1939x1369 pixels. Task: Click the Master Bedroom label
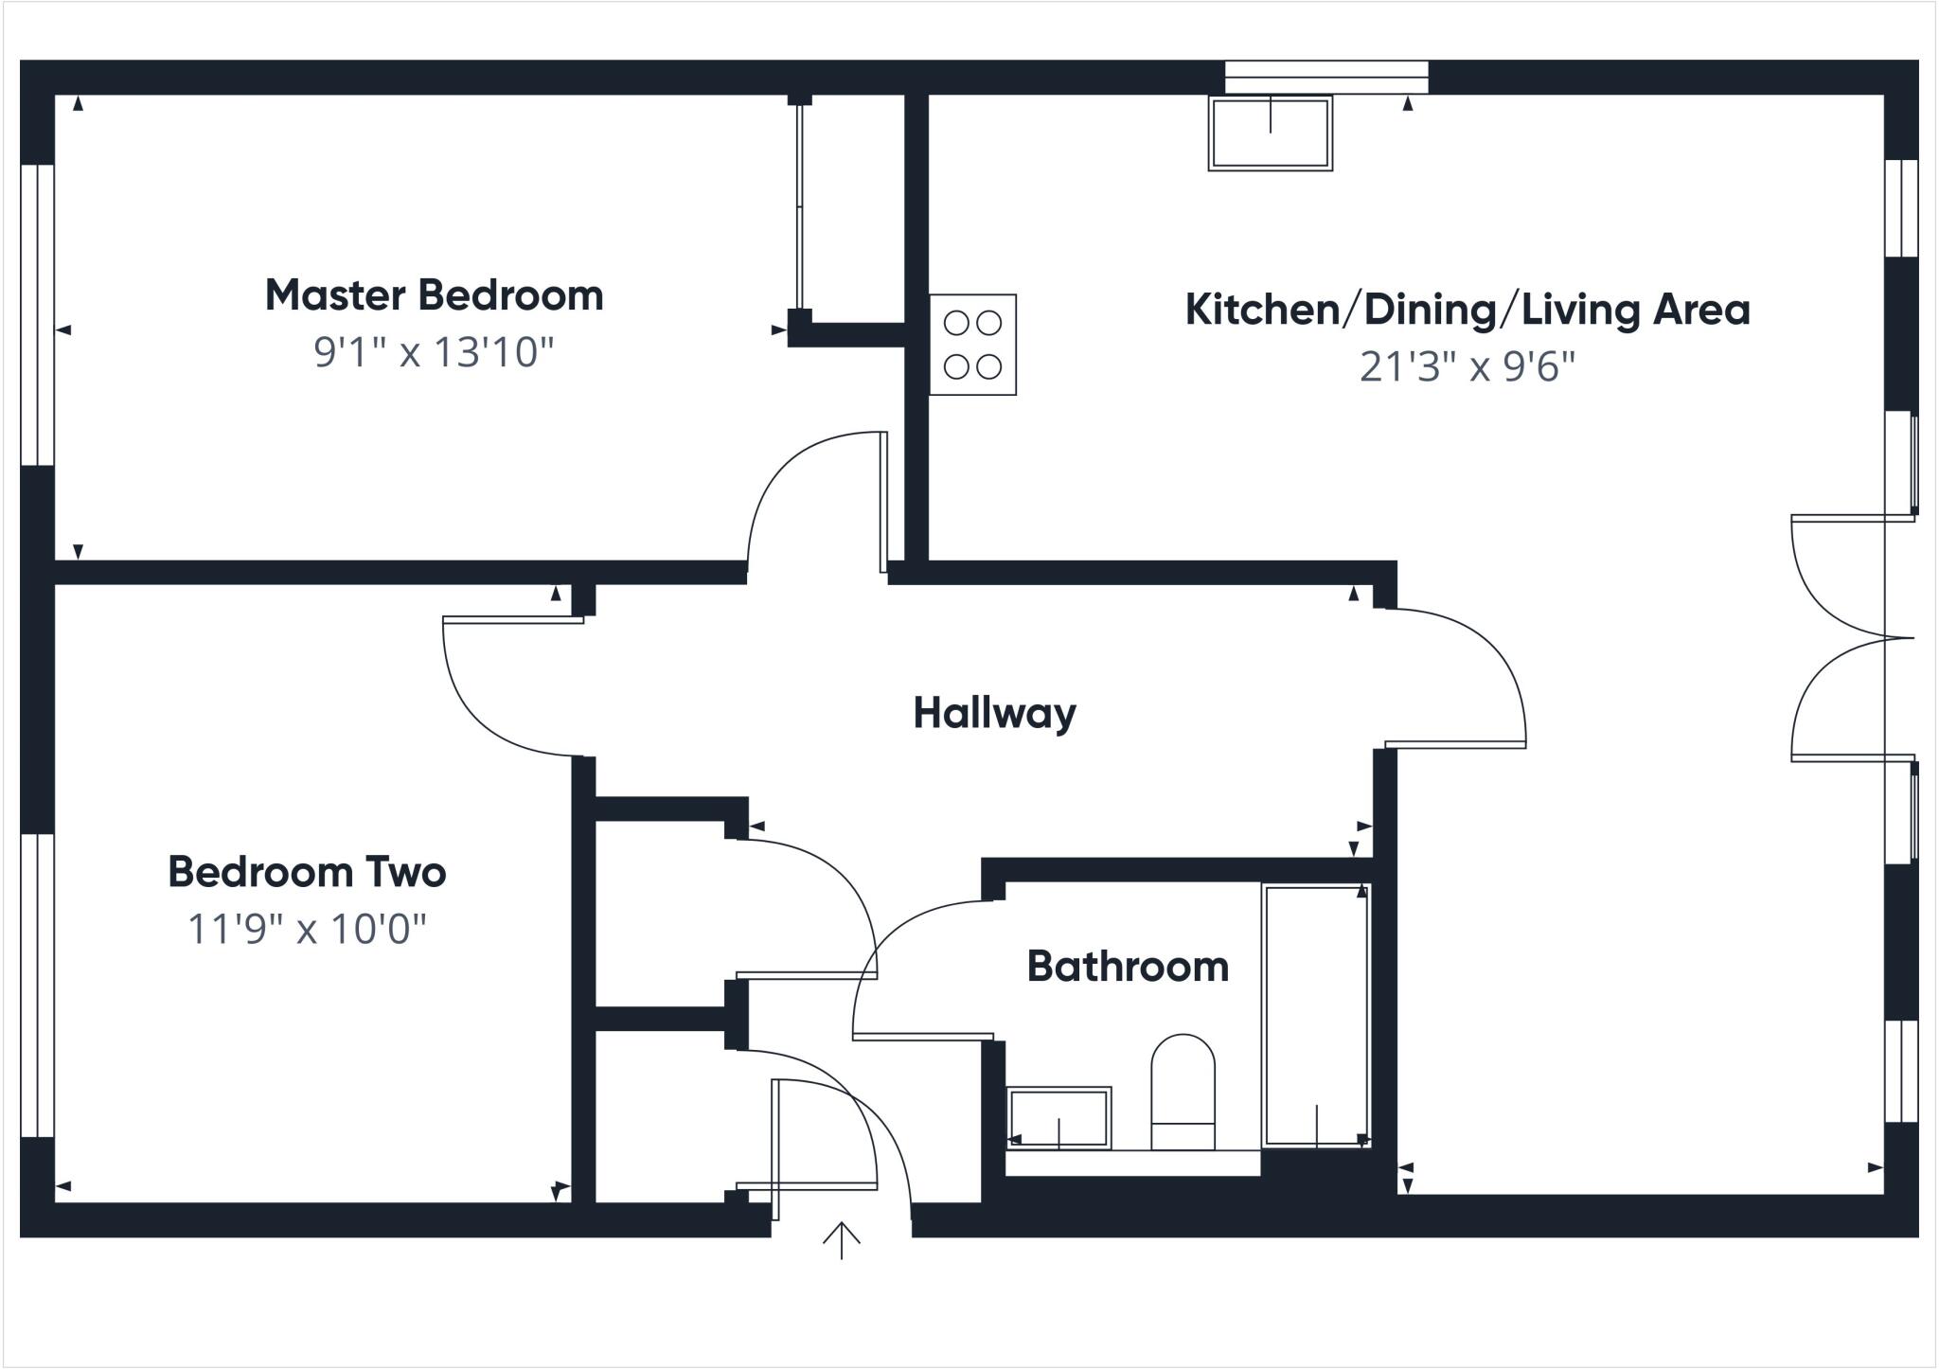pyautogui.click(x=434, y=295)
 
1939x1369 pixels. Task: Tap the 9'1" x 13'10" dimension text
pyautogui.click(x=434, y=352)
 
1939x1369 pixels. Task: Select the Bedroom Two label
pyautogui.click(x=307, y=872)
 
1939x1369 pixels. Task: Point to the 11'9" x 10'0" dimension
pyautogui.click(x=307, y=929)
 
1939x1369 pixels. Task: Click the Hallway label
pyautogui.click(x=994, y=713)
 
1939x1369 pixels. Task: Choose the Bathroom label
pyautogui.click(x=1128, y=967)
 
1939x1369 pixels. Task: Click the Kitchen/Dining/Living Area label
pyautogui.click(x=1467, y=310)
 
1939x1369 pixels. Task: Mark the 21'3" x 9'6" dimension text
pyautogui.click(x=1467, y=365)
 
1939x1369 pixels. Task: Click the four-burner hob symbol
pyautogui.click(x=972, y=345)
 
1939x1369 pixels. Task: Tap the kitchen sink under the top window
pyautogui.click(x=1270, y=133)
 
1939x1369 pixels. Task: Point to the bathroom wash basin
pyautogui.click(x=1058, y=1118)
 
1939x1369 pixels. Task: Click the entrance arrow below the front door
pyautogui.click(x=841, y=1240)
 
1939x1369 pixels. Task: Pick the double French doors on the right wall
pyautogui.click(x=1846, y=638)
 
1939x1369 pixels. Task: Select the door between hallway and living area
pyautogui.click(x=1477, y=663)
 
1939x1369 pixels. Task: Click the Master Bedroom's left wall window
pyautogui.click(x=38, y=315)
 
